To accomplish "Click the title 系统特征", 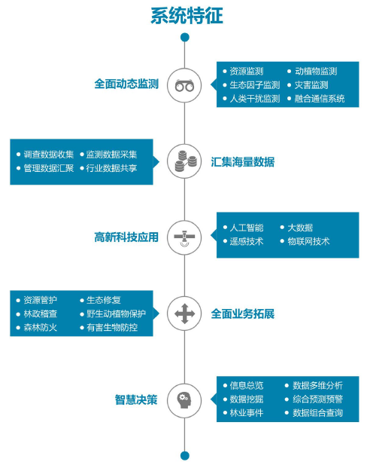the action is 187,16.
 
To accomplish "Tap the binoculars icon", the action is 184,86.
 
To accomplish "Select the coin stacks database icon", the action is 185,161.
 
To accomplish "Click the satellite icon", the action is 184,237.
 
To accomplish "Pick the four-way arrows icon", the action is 184,314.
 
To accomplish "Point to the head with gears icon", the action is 184,400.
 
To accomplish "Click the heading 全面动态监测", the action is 126,84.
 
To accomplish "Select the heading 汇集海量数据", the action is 243,162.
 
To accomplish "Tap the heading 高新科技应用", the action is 126,237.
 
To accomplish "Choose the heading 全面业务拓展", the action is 243,314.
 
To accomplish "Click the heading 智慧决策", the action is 136,400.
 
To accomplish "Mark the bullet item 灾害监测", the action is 311,85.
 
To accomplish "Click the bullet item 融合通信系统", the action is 320,99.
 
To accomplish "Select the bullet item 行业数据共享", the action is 111,168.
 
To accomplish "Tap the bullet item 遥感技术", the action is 247,241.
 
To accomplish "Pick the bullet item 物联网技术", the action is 308,241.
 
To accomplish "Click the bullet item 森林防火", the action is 41,327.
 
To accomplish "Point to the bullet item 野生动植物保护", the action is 116,314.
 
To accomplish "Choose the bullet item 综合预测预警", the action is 317,399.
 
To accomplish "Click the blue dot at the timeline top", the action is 185,38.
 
